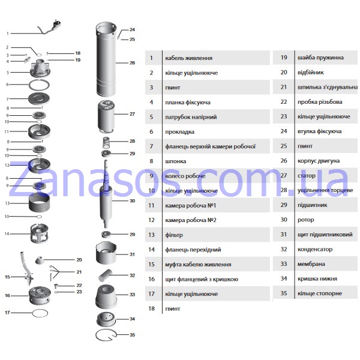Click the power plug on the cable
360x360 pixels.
57,24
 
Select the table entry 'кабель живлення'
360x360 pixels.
188,58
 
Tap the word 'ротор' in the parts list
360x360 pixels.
305,220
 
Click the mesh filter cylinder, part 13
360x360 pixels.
39,203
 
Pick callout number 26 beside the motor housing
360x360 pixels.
132,62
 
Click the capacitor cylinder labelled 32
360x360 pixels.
105,275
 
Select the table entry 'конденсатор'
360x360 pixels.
315,249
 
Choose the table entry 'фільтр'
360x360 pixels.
174,235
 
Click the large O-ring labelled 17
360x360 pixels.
40,313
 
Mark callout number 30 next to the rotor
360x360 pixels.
132,200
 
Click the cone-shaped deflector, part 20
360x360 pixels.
40,260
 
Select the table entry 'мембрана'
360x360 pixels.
311,264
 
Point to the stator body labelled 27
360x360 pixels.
106,116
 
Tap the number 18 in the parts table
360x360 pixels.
151,308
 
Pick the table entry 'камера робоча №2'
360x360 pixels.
191,220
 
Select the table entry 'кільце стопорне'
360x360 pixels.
320,293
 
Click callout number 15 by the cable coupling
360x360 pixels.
7,277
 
